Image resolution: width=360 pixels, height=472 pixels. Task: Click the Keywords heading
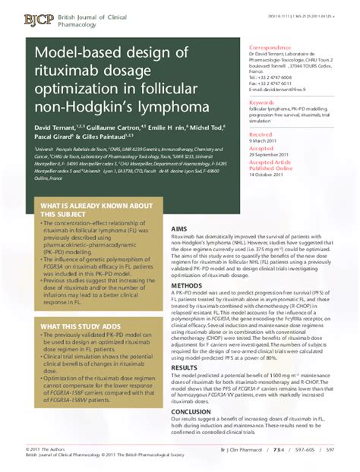(262, 102)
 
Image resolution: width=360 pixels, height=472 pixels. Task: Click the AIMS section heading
(178, 228)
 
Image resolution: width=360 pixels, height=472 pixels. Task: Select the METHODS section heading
(186, 286)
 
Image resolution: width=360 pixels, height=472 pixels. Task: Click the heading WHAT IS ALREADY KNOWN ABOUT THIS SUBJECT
(86, 210)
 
